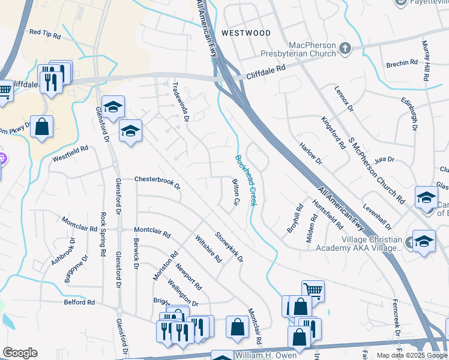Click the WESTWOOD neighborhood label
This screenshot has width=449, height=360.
(x=246, y=33)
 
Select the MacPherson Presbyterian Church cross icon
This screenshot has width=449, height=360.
(x=345, y=49)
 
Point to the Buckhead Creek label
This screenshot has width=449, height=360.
(x=246, y=181)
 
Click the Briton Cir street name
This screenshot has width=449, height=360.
(x=235, y=192)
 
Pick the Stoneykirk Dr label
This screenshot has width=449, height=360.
(x=229, y=247)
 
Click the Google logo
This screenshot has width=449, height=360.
(x=20, y=353)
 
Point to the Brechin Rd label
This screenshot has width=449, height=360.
(x=402, y=63)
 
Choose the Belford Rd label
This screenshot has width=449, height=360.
(x=79, y=302)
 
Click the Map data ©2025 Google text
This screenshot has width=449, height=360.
(x=412, y=355)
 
